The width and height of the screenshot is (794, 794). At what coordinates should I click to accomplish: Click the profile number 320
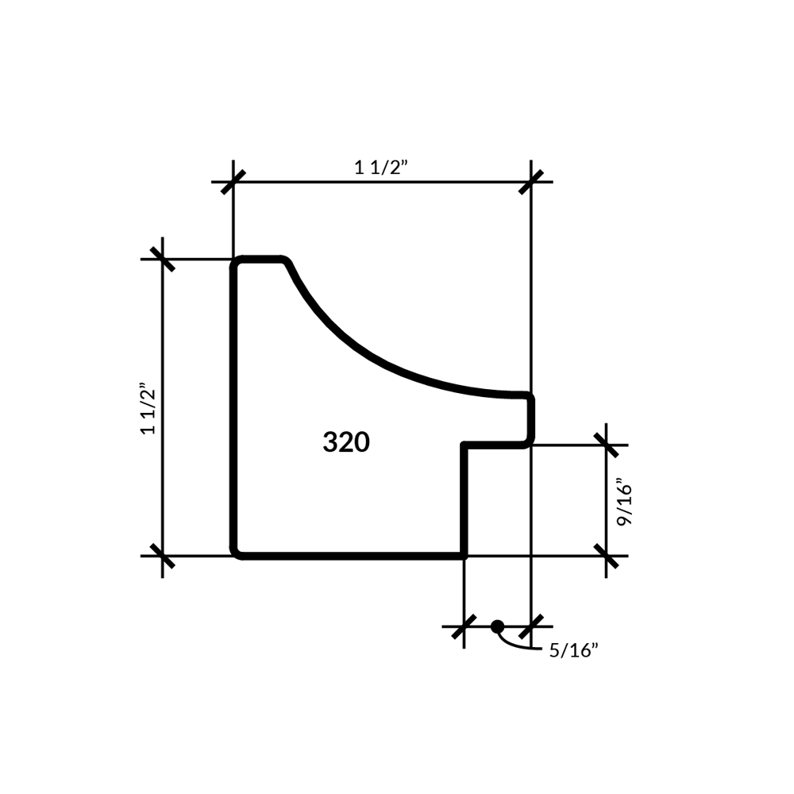click(346, 442)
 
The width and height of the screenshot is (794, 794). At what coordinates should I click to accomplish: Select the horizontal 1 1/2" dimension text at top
click(381, 167)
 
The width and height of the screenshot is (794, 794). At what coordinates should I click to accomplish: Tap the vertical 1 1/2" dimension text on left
click(148, 409)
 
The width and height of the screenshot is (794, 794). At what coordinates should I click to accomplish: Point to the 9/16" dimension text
click(624, 505)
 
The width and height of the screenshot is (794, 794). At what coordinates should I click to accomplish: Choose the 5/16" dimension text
click(574, 650)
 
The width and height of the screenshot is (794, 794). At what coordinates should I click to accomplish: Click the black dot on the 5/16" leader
click(497, 626)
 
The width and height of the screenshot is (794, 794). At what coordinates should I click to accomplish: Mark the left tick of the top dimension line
click(233, 182)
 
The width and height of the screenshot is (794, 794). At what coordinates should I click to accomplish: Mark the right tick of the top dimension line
click(530, 182)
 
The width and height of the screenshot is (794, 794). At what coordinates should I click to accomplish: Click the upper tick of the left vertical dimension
click(163, 260)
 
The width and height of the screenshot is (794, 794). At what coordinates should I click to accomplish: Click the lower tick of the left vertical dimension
click(163, 556)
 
